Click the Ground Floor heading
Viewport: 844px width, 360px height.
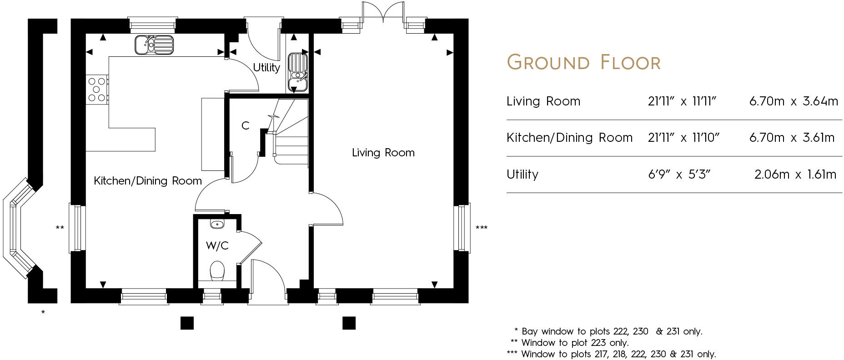583,63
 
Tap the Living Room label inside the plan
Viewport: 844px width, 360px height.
383,153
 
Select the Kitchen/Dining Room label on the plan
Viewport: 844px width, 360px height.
147,181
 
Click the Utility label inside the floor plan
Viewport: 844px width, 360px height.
266,68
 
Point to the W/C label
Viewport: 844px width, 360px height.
217,246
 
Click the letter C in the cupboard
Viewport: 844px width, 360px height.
245,126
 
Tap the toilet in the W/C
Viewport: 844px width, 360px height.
217,271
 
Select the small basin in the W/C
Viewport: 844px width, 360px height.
217,224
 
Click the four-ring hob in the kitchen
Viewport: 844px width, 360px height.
97,90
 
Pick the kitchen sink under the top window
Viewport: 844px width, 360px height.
154,45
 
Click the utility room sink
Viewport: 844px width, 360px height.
298,72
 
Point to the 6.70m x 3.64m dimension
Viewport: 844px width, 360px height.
793,101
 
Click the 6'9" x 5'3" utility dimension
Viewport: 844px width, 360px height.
679,175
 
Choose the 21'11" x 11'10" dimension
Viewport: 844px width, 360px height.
683,138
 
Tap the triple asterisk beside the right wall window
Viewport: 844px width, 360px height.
481,228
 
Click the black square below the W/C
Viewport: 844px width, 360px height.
187,323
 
